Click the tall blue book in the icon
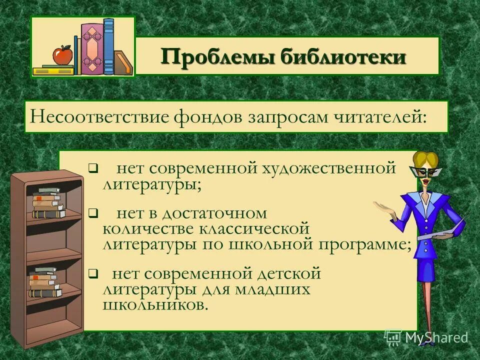click(x=108, y=46)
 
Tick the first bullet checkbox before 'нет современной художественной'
click(x=92, y=168)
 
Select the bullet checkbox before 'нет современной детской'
click(x=92, y=273)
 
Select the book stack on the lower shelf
click(x=44, y=282)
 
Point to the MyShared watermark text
click(x=436, y=337)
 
